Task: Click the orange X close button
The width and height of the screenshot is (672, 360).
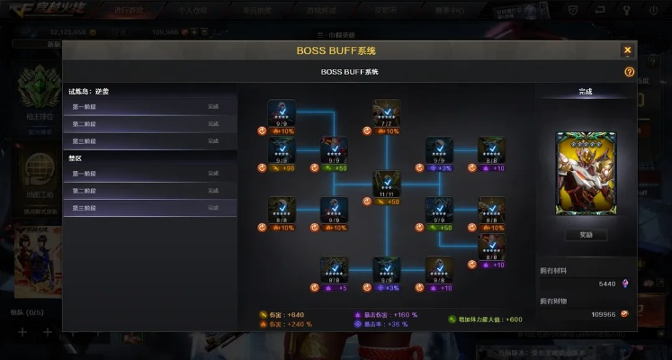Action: (627, 50)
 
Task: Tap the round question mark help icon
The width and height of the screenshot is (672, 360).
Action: (629, 71)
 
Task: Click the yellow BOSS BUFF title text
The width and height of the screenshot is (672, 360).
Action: (336, 50)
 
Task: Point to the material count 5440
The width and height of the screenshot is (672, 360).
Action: (606, 283)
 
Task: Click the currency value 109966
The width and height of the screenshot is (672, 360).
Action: (603, 314)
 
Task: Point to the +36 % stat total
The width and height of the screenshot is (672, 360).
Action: (397, 324)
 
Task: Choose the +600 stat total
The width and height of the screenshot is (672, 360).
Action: (513, 319)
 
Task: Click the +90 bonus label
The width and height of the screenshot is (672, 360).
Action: (288, 167)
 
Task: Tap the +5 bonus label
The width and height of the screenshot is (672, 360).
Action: (341, 288)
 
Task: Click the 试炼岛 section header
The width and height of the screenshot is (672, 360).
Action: (89, 91)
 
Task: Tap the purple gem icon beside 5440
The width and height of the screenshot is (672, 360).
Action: (625, 283)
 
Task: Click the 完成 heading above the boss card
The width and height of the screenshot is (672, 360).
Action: (585, 92)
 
